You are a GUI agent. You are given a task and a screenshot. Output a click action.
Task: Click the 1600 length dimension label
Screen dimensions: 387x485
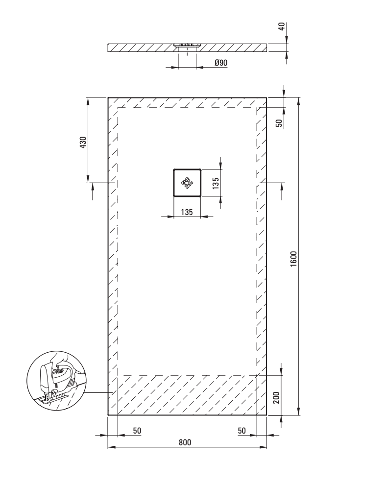(x=293, y=259)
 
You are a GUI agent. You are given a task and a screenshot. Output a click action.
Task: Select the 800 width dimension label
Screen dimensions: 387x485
(x=185, y=442)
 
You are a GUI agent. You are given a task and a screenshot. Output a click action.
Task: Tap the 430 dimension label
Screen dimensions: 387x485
(x=83, y=142)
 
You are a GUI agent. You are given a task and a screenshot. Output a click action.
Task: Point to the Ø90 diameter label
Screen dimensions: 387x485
(x=221, y=63)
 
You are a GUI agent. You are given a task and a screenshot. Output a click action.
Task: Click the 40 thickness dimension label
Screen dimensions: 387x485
(x=282, y=26)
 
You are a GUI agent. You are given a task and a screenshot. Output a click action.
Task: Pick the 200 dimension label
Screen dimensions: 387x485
(x=276, y=397)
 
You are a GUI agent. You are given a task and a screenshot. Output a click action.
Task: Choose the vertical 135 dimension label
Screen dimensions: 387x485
(x=216, y=183)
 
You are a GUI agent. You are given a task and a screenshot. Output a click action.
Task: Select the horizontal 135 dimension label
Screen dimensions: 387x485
(x=187, y=212)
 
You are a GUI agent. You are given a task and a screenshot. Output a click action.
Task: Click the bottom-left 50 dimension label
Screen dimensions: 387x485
(x=137, y=431)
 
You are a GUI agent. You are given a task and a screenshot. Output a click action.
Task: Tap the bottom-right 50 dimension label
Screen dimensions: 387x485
(x=242, y=431)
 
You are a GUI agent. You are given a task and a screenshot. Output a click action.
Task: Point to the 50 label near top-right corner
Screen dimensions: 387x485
(x=279, y=123)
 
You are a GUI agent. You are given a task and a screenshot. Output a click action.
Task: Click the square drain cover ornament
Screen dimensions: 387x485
(x=187, y=183)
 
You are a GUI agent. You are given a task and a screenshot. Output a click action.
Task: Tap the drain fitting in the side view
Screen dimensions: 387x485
(x=187, y=45)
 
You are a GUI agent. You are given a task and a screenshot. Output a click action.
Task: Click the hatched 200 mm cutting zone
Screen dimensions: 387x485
(x=187, y=395)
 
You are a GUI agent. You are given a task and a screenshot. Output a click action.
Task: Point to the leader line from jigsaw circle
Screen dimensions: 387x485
(x=98, y=392)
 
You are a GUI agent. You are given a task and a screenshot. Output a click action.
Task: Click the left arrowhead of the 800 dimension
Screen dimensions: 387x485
(x=111, y=447)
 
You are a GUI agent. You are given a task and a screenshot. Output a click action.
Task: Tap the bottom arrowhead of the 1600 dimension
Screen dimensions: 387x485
(x=298, y=411)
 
